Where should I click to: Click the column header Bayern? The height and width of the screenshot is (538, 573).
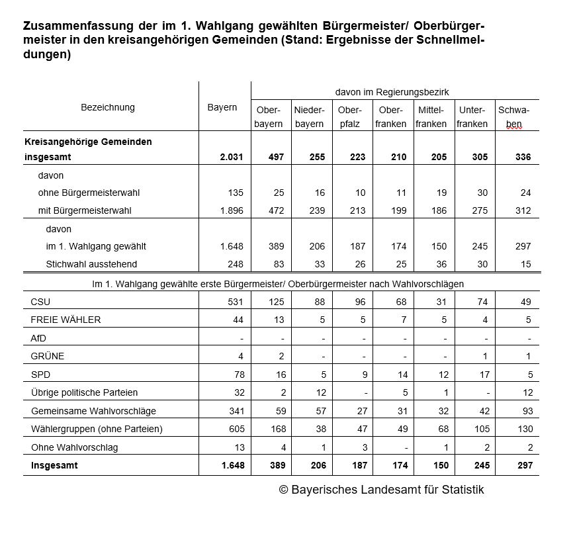(222, 107)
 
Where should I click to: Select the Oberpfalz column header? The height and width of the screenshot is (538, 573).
(349, 116)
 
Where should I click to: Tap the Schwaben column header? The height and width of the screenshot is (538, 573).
(513, 116)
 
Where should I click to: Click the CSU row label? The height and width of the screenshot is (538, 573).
(40, 302)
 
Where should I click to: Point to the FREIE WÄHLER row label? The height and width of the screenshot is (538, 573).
(66, 320)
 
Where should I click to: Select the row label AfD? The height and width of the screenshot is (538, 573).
(38, 338)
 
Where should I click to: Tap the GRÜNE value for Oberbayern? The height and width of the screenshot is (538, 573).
(281, 356)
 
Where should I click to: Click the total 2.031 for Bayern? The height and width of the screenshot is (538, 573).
(232, 157)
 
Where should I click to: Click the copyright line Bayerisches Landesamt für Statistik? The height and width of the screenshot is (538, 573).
(381, 490)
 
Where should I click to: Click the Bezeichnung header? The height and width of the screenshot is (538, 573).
(108, 107)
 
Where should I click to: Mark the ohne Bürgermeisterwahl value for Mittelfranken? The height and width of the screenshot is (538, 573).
(441, 193)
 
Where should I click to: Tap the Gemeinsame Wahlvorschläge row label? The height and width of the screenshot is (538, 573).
(93, 411)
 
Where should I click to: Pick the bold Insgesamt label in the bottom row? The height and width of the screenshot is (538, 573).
(54, 465)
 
